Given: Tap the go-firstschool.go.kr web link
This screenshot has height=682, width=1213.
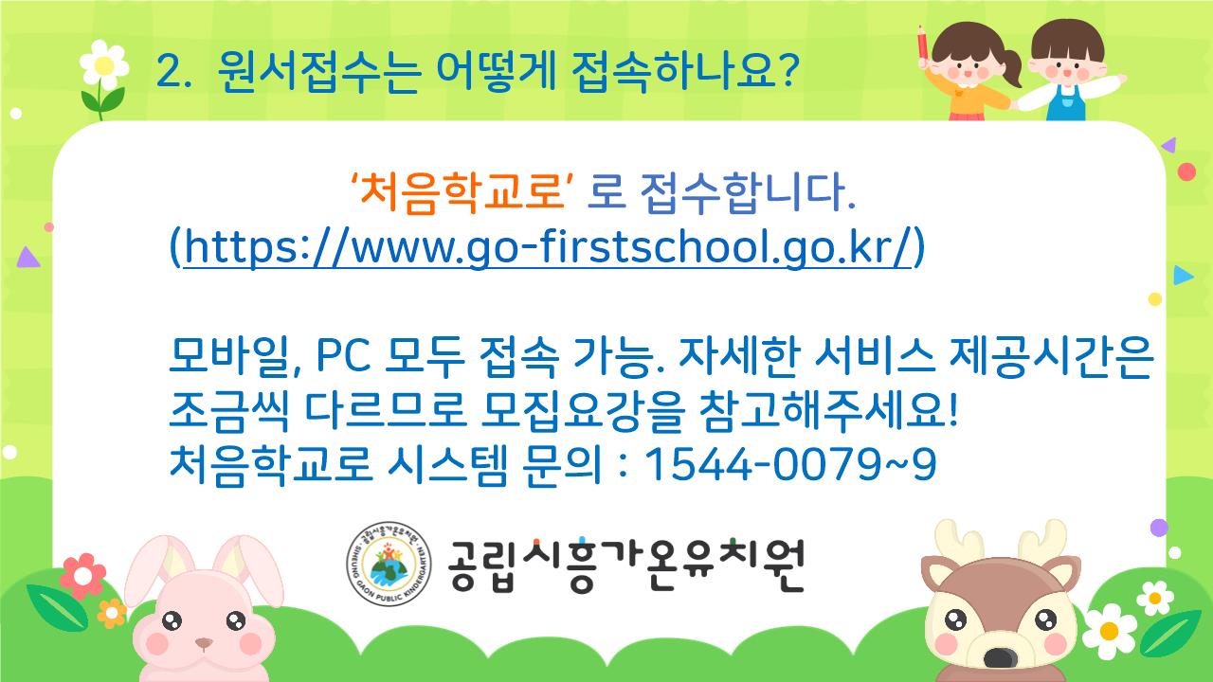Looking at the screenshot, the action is tap(548, 247).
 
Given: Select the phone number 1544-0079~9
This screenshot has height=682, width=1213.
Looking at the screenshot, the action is tap(790, 464).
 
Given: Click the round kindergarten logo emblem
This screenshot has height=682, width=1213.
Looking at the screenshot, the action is tap(389, 564).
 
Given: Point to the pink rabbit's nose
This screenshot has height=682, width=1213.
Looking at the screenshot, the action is tap(204, 643).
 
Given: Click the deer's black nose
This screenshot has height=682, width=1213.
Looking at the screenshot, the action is tap(1000, 657).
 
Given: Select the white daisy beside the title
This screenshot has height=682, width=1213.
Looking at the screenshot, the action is tap(104, 65).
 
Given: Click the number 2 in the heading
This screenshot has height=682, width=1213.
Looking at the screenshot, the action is tap(168, 71).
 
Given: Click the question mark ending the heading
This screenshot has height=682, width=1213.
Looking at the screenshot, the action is tap(786, 70).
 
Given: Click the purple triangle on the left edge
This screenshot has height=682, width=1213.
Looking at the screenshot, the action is tap(27, 259).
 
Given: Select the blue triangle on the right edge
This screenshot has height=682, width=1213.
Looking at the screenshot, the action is tap(1184, 276).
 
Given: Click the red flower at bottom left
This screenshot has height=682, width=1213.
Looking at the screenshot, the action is tap(82, 576).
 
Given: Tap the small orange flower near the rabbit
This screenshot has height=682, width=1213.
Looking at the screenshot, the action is tap(112, 613).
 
